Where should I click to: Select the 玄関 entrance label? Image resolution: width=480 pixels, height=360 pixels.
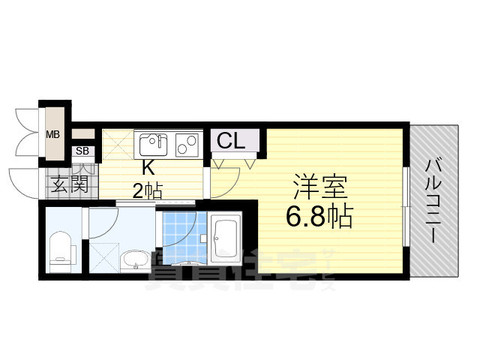click(x=69, y=183)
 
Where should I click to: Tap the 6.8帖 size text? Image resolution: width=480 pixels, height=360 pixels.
click(x=319, y=217)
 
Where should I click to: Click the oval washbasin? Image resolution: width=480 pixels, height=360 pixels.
click(x=136, y=260)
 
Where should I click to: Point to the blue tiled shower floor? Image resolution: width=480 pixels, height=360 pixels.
click(x=180, y=233)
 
